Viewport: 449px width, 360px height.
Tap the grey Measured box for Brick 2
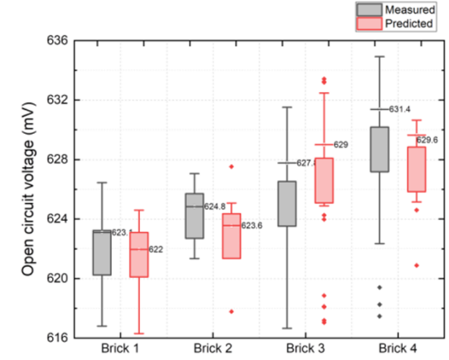pyautogui.click(x=194, y=216)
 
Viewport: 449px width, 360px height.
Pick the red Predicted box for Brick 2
pyautogui.click(x=231, y=236)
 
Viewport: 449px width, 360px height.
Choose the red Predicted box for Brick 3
pyautogui.click(x=324, y=180)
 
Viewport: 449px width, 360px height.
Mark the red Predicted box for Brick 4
pyautogui.click(x=416, y=169)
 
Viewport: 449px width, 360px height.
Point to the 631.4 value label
pyautogui.click(x=401, y=110)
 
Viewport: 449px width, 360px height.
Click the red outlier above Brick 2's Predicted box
pyautogui.click(x=231, y=166)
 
